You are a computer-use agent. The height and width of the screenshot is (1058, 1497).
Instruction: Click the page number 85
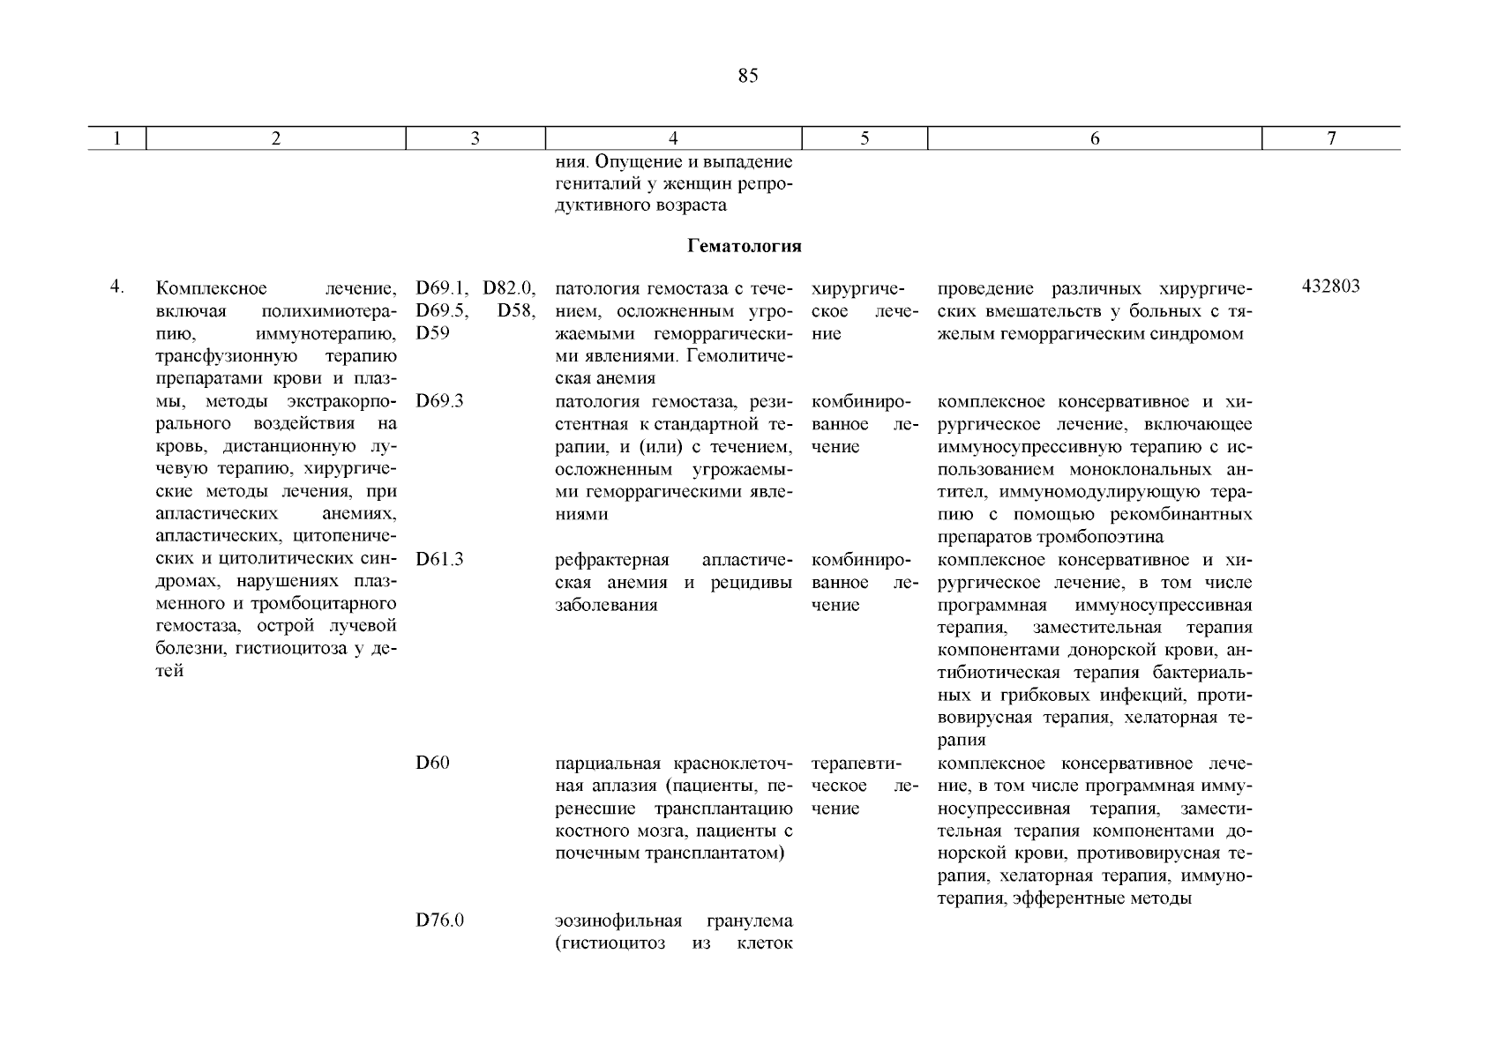point(747,77)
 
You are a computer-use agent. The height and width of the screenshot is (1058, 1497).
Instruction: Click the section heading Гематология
point(744,247)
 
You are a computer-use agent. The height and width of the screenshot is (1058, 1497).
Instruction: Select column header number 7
point(1331,138)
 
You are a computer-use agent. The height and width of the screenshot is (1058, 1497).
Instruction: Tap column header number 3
point(475,138)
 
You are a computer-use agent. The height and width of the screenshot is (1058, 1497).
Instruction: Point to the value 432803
point(1330,287)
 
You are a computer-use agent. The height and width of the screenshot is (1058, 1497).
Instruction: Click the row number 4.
point(116,287)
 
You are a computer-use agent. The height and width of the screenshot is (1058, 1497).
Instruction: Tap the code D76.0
point(439,921)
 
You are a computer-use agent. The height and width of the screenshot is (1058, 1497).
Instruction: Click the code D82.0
point(509,288)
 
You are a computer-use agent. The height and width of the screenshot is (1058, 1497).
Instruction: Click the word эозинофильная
point(618,921)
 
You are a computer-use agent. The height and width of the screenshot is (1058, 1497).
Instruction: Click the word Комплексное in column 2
point(212,288)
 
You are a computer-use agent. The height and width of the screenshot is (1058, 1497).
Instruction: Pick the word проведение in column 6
point(982,289)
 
